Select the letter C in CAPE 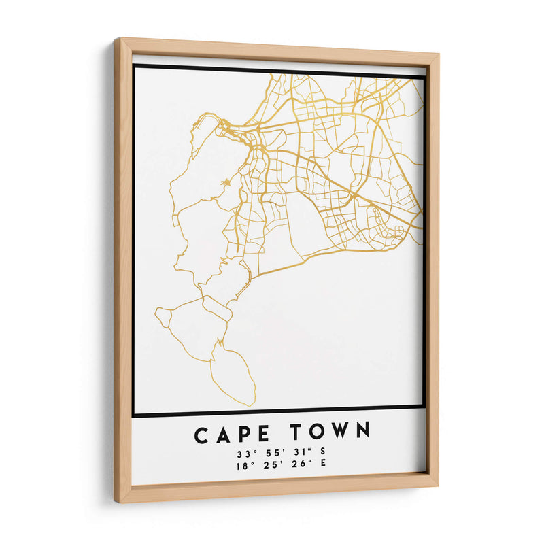point(202,434)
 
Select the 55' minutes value point(270,452)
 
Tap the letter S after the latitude point(322,451)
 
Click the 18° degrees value point(243,466)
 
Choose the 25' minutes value point(270,465)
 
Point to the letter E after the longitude point(322,464)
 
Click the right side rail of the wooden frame point(432,272)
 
